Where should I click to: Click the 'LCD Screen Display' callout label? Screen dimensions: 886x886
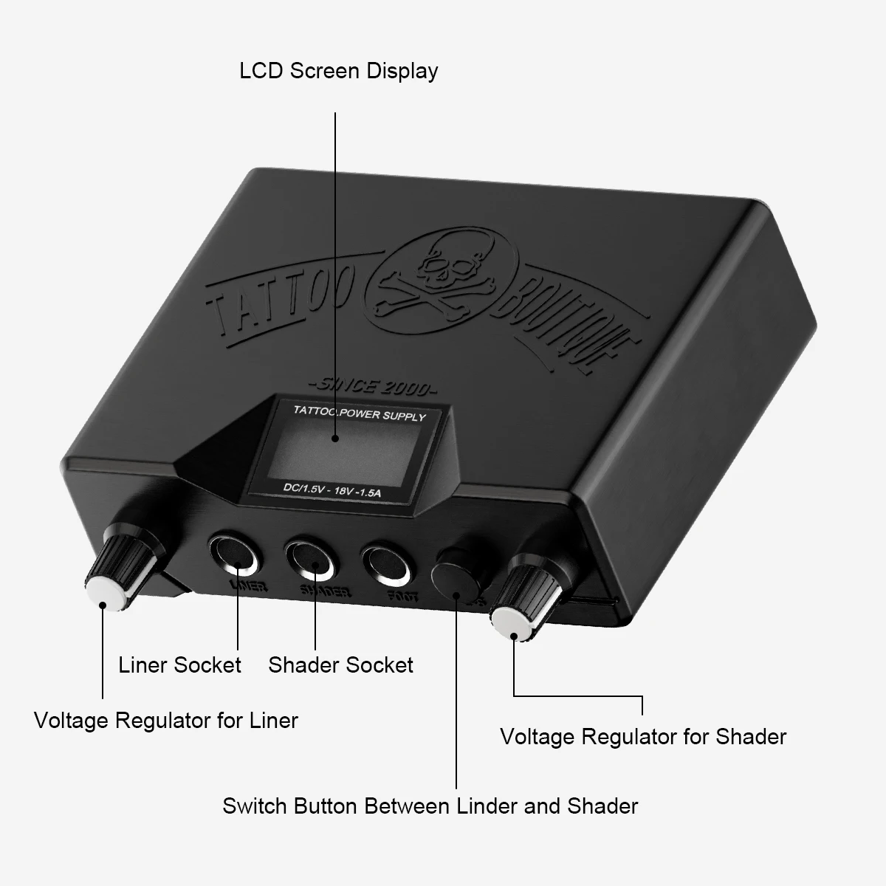point(338,71)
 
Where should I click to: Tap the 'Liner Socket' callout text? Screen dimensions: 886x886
point(179,664)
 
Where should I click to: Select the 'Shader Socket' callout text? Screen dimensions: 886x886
point(340,664)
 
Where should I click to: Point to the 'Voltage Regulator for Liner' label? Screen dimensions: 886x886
point(166,720)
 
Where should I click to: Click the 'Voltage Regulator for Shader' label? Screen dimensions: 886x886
point(643,736)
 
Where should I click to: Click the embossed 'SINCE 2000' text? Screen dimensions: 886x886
point(372,386)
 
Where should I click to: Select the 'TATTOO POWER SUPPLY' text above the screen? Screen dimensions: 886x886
point(360,413)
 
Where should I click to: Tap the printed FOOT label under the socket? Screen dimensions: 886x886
point(402,594)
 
